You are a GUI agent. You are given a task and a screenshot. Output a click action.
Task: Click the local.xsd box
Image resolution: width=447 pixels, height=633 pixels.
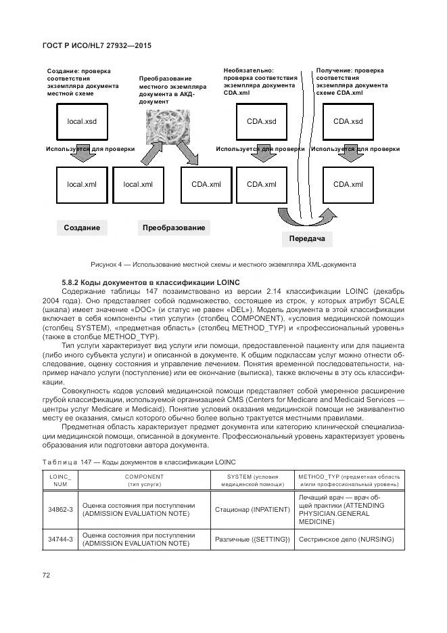[82, 122]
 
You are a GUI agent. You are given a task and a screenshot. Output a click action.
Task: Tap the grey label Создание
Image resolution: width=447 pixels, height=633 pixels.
[82, 228]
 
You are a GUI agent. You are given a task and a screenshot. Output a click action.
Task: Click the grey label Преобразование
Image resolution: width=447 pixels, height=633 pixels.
[174, 228]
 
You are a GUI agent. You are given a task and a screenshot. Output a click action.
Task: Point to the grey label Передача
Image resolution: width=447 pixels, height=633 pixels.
[307, 239]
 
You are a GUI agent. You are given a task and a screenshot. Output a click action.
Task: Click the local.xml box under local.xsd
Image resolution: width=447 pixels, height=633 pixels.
[82, 184]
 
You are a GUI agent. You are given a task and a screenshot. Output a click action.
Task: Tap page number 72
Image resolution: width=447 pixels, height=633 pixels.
[47, 575]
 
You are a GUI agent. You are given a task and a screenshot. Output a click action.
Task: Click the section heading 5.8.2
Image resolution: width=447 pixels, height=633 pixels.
[147, 282]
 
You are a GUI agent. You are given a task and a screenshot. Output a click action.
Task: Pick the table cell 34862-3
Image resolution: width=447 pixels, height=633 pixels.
[61, 509]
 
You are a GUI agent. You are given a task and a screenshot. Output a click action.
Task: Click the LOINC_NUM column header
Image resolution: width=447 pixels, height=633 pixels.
[61, 480]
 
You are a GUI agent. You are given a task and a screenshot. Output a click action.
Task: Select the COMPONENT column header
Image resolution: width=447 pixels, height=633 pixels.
[144, 480]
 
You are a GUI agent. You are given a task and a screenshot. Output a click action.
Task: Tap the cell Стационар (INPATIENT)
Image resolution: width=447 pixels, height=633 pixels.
[252, 509]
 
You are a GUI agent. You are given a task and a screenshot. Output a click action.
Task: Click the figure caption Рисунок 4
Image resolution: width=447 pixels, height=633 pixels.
[223, 264]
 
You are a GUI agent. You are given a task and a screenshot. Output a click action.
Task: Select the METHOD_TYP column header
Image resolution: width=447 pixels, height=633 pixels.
[350, 480]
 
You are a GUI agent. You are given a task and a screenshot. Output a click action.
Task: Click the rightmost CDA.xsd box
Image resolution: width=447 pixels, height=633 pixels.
[348, 122]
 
